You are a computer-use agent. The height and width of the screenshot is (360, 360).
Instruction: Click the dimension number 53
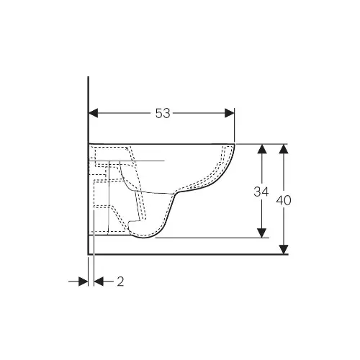tap(163, 113)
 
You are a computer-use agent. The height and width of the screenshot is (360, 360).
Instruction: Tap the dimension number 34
tap(261, 192)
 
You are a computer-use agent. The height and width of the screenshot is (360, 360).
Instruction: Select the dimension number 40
tap(284, 200)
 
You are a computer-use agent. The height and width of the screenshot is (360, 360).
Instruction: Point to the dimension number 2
tap(120, 282)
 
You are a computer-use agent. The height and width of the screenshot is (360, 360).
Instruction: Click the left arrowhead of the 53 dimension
tap(94, 113)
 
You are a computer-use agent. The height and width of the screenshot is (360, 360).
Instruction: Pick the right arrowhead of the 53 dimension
tap(230, 113)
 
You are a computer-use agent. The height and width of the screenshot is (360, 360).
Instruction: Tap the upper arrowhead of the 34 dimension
tap(261, 149)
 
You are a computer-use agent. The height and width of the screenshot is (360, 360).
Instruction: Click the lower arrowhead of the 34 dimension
tap(261, 233)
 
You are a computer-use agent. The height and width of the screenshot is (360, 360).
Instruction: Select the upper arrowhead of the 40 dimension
tap(284, 149)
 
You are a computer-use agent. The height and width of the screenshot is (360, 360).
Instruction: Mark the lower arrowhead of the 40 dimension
tap(284, 249)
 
